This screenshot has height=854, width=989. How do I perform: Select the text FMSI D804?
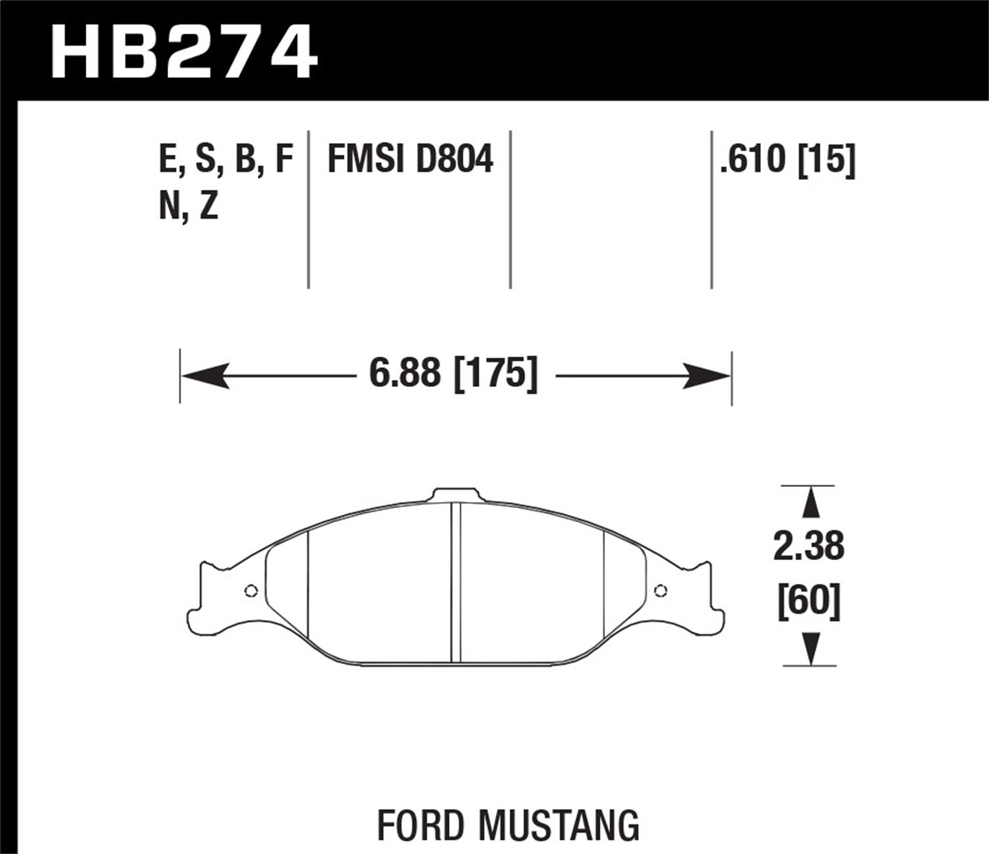[409, 160]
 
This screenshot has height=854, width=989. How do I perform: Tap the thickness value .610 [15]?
[787, 160]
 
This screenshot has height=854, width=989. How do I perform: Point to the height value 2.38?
[808, 546]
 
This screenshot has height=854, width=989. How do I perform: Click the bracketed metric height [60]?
[809, 602]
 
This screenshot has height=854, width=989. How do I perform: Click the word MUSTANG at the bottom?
[558, 824]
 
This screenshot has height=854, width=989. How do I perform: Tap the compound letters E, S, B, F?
[226, 160]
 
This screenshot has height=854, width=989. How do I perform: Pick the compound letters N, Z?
[189, 208]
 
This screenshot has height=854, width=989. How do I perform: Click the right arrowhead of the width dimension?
[707, 376]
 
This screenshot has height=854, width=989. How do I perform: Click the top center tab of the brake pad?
[455, 496]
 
